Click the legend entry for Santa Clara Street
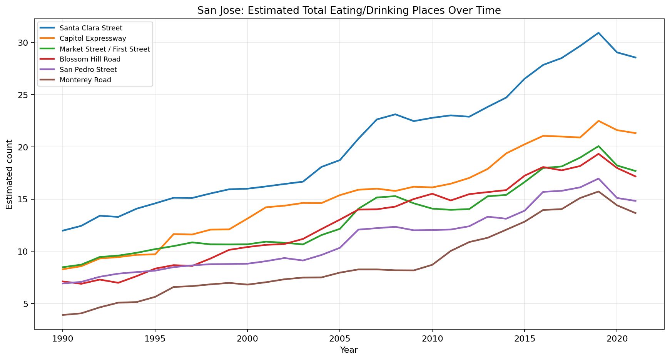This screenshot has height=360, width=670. tap(91, 28)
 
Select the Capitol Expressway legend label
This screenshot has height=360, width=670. tap(93, 38)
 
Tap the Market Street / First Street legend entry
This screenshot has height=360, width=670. tap(105, 49)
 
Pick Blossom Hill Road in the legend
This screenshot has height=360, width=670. tap(90, 59)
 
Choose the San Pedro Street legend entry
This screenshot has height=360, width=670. tap(88, 70)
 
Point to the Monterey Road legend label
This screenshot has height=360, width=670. tap(85, 80)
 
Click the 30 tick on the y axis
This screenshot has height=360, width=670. tap(24, 43)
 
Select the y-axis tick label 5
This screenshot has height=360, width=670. tap(26, 304)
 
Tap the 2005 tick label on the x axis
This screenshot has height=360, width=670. tap(339, 339)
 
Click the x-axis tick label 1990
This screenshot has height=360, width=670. tap(62, 339)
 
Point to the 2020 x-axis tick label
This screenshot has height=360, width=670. tap(617, 339)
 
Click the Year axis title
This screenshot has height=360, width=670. tap(349, 350)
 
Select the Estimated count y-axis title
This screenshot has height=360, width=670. tap(10, 174)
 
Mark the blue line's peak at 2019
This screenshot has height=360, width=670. tap(598, 33)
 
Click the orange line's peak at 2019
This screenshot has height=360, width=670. tap(598, 121)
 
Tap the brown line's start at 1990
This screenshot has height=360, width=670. tap(62, 315)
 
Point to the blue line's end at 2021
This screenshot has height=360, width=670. tap(635, 58)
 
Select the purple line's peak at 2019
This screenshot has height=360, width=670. tap(598, 178)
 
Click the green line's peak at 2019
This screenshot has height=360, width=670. tap(598, 146)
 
